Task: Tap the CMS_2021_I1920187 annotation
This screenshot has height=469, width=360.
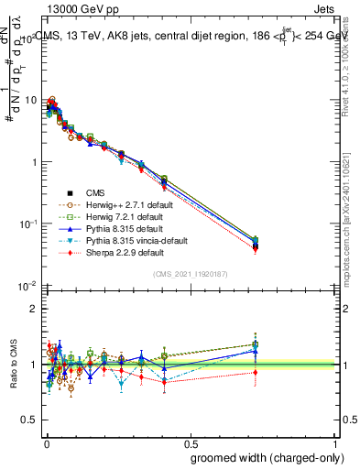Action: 191,274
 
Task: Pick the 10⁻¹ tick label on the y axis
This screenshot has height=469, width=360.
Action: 27,224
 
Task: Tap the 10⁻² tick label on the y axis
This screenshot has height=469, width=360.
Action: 27,287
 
